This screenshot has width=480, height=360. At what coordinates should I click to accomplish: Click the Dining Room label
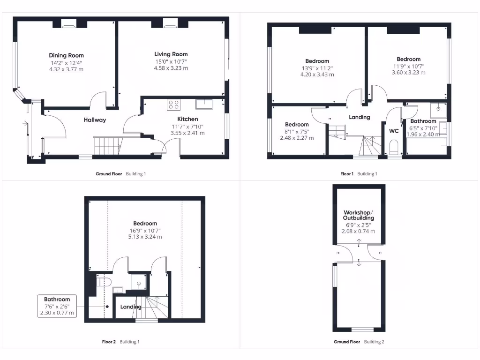[x=66, y=55]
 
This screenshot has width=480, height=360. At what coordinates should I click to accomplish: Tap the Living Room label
[x=171, y=54]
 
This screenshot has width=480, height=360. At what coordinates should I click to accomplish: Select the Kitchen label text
[x=187, y=119]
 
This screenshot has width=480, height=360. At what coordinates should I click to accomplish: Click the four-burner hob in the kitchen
[x=173, y=105]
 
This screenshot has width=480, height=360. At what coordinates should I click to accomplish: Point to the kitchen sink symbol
[x=204, y=104]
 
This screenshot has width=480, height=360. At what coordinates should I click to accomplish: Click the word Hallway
[x=95, y=120]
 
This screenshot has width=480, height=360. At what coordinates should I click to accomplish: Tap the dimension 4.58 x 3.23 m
[x=171, y=68]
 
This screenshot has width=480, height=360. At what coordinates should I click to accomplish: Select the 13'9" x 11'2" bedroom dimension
[x=317, y=68]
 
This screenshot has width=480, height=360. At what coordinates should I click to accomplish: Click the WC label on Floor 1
[x=394, y=131]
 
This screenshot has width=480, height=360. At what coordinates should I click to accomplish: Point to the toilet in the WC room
[x=394, y=146]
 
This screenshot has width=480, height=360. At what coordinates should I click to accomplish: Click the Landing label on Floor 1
[x=360, y=117]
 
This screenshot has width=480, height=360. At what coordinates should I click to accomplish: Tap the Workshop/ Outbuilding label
[x=359, y=215]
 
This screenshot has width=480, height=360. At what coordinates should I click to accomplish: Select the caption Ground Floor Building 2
[x=359, y=342]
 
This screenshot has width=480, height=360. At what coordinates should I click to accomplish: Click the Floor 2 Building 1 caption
[x=120, y=342]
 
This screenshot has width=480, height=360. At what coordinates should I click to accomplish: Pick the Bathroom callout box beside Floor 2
[x=57, y=306]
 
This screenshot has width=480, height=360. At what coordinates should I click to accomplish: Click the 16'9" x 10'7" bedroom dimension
[x=145, y=231]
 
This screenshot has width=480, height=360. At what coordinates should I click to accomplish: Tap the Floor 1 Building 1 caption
[x=359, y=174]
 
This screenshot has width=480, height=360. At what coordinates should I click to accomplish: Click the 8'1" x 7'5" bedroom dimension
[x=297, y=132]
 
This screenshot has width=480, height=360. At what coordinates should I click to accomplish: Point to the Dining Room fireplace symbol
[x=69, y=24]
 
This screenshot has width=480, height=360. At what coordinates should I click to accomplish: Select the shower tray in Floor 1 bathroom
[x=440, y=109]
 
